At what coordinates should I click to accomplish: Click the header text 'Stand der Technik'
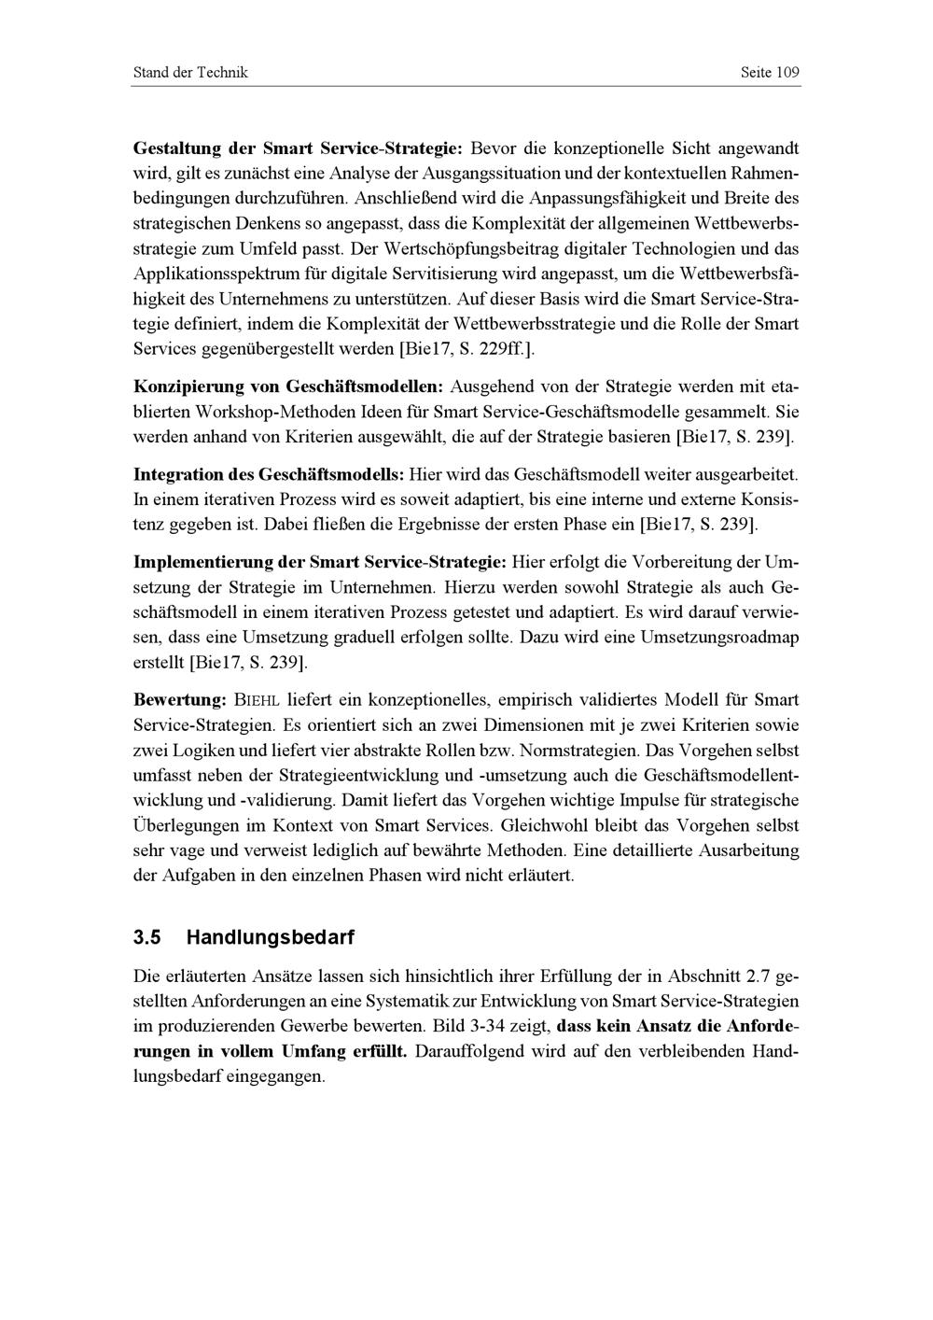[x=190, y=73]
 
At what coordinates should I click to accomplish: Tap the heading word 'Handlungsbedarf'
[x=271, y=936]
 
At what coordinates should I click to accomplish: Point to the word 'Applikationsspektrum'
[x=220, y=274]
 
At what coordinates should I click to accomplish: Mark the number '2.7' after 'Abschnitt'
[x=759, y=977]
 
